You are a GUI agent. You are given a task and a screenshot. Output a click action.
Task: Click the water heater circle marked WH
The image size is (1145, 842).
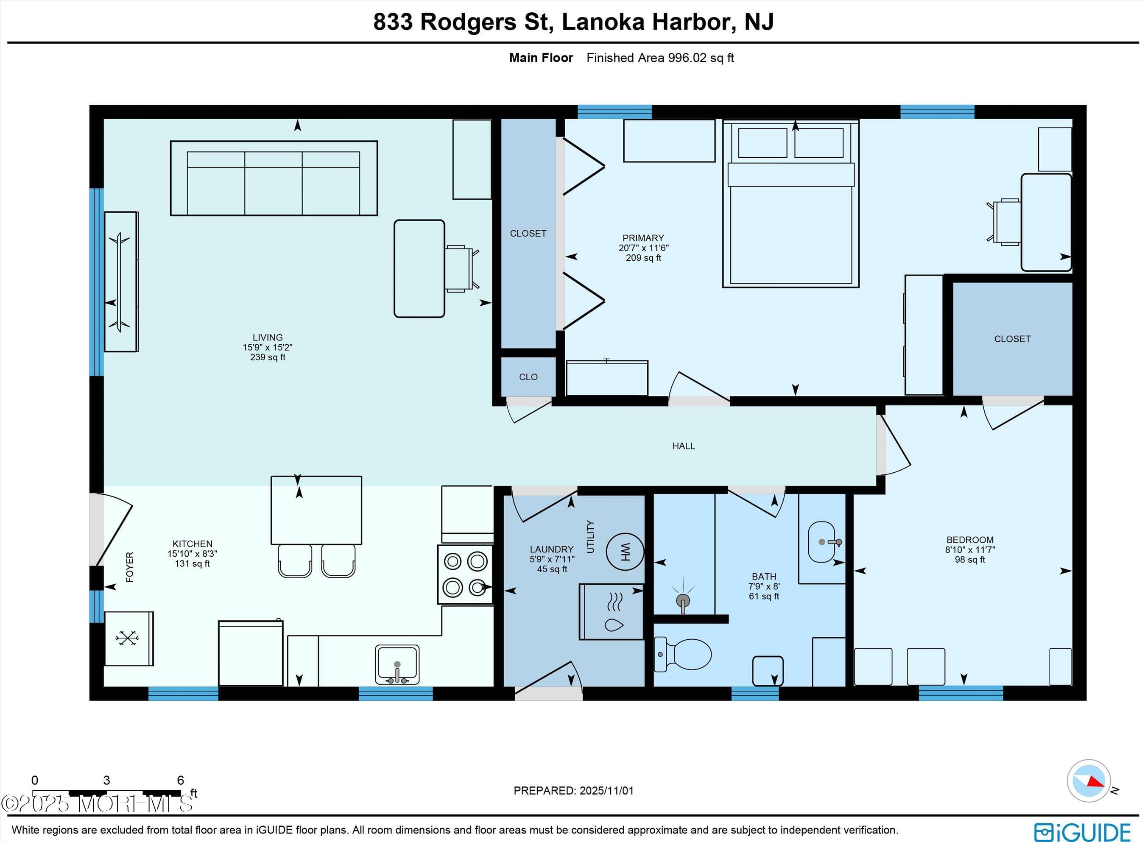pos(625,551)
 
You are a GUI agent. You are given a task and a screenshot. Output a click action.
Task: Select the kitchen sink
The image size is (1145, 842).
pos(397,664)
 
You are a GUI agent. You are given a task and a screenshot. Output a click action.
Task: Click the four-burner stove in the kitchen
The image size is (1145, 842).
pos(465,574)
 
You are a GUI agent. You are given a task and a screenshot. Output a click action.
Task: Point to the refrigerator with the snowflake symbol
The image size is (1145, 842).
pos(128,638)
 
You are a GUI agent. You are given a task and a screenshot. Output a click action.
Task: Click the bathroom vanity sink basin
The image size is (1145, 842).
pos(821,542)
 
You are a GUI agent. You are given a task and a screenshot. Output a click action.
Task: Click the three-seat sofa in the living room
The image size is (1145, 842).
pos(274,178)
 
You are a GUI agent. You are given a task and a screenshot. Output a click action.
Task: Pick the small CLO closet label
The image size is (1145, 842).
pos(528,376)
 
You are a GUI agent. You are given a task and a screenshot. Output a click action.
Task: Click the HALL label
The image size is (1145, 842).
pos(683,446)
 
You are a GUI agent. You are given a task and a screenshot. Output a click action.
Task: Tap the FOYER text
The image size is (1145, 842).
pos(129,567)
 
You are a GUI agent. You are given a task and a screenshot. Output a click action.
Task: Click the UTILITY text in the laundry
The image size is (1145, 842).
pos(590,536)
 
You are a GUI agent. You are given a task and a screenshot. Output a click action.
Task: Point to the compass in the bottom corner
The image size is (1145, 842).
pos(1089,781)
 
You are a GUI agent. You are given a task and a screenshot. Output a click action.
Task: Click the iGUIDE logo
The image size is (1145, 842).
pos(1082,831)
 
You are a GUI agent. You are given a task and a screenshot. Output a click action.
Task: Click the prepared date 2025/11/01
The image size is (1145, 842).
pos(606,791)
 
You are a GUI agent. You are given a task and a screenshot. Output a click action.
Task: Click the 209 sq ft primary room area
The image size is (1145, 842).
pos(643,258)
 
